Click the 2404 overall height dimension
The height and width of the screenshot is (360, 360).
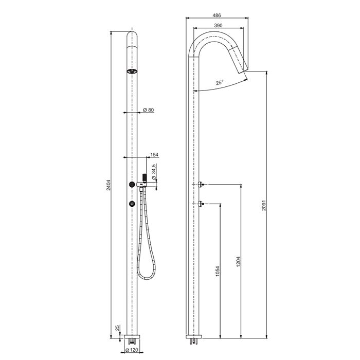coord(109,185)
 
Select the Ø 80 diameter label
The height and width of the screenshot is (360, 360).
coord(148,110)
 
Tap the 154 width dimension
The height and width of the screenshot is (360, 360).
coord(154,154)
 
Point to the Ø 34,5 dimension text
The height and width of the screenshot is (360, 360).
coord(154,171)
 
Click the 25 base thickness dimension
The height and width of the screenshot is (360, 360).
coord(117,328)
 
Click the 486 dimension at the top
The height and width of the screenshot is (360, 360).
coord(217,15)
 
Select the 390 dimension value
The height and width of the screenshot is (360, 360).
coord(218,26)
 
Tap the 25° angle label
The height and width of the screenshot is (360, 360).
coord(220,82)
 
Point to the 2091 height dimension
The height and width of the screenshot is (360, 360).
coord(264,205)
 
